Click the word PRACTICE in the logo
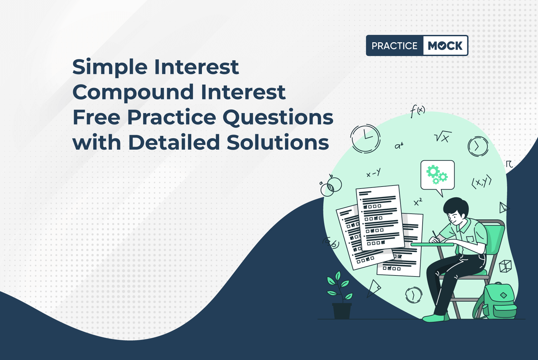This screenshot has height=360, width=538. click(395, 46)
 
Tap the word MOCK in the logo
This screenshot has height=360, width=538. click(445, 46)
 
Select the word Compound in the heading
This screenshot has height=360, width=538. click(133, 92)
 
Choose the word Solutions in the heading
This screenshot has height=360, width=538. click(278, 143)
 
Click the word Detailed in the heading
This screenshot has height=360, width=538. click(174, 143)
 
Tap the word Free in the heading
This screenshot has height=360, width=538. click(96, 117)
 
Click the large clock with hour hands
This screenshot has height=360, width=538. click(365, 139)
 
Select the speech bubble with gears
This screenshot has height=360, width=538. click(437, 176)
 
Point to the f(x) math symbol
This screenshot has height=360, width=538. click(417, 111)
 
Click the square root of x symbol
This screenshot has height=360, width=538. click(443, 137)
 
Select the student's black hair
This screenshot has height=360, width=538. click(455, 206)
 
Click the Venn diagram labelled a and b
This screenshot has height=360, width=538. click(331, 186)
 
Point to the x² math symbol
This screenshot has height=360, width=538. click(418, 202)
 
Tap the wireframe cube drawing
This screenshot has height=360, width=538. click(505, 266)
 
